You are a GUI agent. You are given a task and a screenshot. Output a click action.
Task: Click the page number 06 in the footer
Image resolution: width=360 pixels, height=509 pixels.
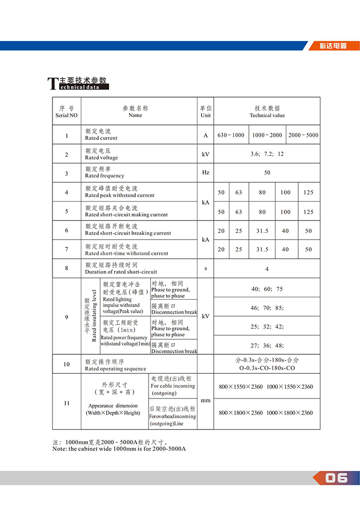336,478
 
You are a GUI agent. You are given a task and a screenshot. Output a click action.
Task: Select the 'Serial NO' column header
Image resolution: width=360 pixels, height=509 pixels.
67,112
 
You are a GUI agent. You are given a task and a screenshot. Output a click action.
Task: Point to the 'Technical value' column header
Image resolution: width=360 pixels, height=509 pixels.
267,112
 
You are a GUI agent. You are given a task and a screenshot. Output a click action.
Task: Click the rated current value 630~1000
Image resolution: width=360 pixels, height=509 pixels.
231,135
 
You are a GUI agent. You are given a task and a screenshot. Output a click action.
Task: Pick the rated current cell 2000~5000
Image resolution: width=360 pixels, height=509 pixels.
303,135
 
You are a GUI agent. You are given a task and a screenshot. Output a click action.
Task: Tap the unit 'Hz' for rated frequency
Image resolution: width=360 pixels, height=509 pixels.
206,173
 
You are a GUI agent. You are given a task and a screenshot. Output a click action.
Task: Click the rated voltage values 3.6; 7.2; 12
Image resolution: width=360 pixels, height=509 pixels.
267,154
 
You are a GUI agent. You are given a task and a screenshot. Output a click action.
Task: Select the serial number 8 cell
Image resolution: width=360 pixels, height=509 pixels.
67,268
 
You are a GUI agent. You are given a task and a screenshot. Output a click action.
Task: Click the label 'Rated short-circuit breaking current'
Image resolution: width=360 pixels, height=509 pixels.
128,233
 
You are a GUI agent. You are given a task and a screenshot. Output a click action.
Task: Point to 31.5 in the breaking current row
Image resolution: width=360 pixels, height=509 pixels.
262,231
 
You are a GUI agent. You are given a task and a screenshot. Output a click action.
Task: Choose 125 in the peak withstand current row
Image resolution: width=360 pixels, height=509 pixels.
308,193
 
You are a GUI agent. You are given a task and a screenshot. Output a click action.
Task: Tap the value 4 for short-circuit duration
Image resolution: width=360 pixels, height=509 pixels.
267,269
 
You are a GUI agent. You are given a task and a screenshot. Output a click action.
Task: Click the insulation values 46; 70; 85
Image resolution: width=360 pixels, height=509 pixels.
267,308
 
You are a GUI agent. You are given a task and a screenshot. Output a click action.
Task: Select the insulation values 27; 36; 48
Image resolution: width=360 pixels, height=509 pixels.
267,346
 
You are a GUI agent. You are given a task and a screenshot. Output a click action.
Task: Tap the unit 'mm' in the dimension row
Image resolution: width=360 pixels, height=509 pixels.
206,400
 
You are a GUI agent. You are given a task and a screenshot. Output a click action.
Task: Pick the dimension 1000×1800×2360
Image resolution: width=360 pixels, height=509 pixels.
290,413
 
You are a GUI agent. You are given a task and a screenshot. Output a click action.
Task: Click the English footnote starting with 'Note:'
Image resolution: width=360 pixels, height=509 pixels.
119,449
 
